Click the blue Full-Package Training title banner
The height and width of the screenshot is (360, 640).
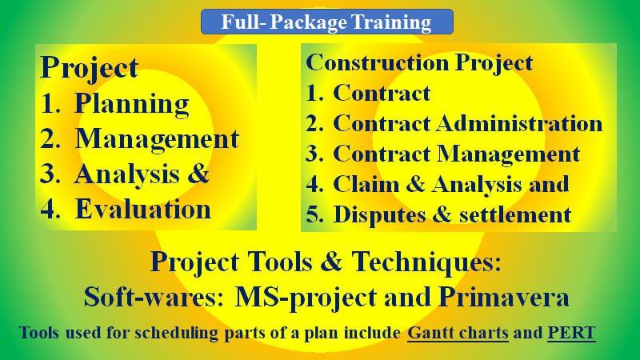pos(327,22)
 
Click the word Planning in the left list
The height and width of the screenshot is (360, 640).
pos(132,104)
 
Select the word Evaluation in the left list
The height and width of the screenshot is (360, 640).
pos(143,210)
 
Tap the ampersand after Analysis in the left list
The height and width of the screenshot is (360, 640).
pos(198,174)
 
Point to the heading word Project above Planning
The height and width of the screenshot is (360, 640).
pos(90,68)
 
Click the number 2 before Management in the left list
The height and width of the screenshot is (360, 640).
pos(48,139)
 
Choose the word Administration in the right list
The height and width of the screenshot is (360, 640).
pos(519,123)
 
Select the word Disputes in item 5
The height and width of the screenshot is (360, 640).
pos(379,215)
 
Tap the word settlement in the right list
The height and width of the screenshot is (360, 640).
pos(515,214)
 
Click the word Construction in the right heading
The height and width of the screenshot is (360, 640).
pos(378,63)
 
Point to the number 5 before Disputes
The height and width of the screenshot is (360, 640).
pos(314,214)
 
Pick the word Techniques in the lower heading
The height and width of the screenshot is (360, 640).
pos(426,262)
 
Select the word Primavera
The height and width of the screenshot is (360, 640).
pos(504,297)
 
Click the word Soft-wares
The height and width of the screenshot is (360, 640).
pos(154,297)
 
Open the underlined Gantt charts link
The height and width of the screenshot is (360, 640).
pos(458,333)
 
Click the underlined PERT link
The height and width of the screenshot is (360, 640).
pos(571,333)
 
